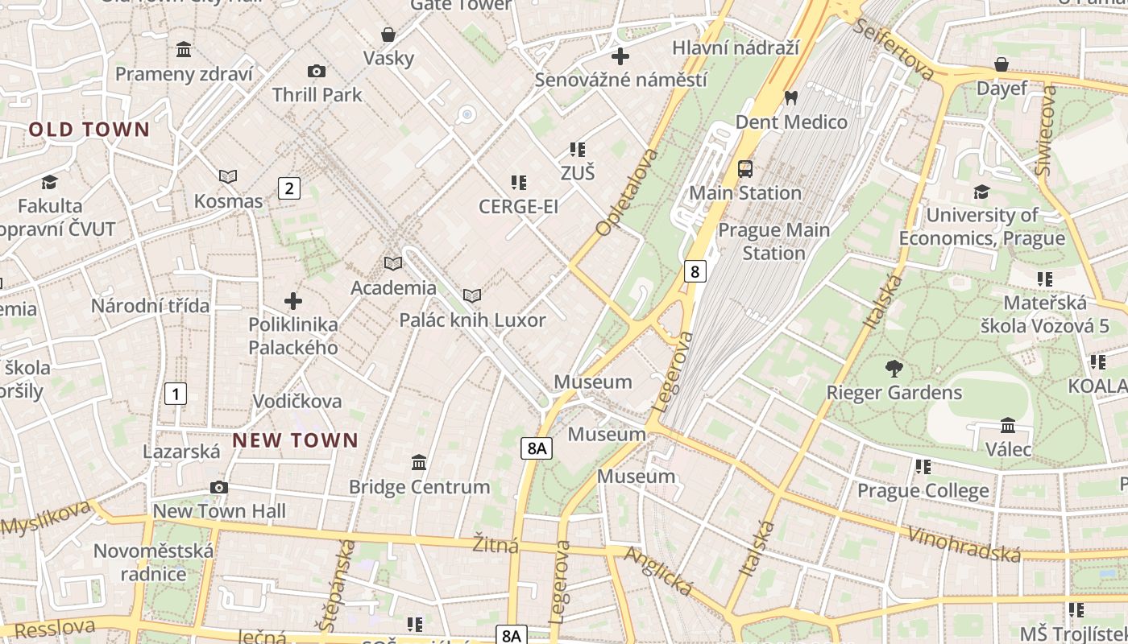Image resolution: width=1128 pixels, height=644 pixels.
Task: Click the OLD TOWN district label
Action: (89, 130)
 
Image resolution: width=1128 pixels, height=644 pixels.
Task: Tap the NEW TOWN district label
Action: (295, 440)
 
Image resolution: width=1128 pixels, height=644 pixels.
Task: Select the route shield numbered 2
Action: (288, 188)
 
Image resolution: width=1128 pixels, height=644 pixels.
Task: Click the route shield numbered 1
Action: (175, 394)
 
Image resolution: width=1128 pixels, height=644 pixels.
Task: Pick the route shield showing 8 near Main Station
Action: (695, 271)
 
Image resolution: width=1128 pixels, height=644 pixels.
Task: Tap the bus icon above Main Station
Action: (745, 169)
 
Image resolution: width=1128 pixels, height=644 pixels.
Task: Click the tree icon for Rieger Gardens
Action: (894, 369)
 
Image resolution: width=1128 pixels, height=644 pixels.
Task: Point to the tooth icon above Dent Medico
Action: (790, 98)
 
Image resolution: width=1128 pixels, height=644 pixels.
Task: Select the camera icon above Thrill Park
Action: (317, 72)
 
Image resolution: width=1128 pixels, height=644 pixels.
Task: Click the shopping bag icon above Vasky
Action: (388, 35)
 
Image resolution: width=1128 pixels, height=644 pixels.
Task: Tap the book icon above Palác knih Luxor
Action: (472, 296)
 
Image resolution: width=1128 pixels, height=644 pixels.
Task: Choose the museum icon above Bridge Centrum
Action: (419, 463)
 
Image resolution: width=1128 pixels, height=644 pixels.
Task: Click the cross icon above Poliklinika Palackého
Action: (293, 301)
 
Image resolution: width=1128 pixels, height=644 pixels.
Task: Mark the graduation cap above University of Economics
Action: (981, 192)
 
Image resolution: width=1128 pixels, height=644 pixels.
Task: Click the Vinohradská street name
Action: (964, 545)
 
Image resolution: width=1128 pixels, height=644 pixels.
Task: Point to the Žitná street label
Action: (496, 545)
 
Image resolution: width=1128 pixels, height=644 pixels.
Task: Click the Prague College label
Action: (923, 490)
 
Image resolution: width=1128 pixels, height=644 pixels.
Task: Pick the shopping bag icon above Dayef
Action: (1002, 64)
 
